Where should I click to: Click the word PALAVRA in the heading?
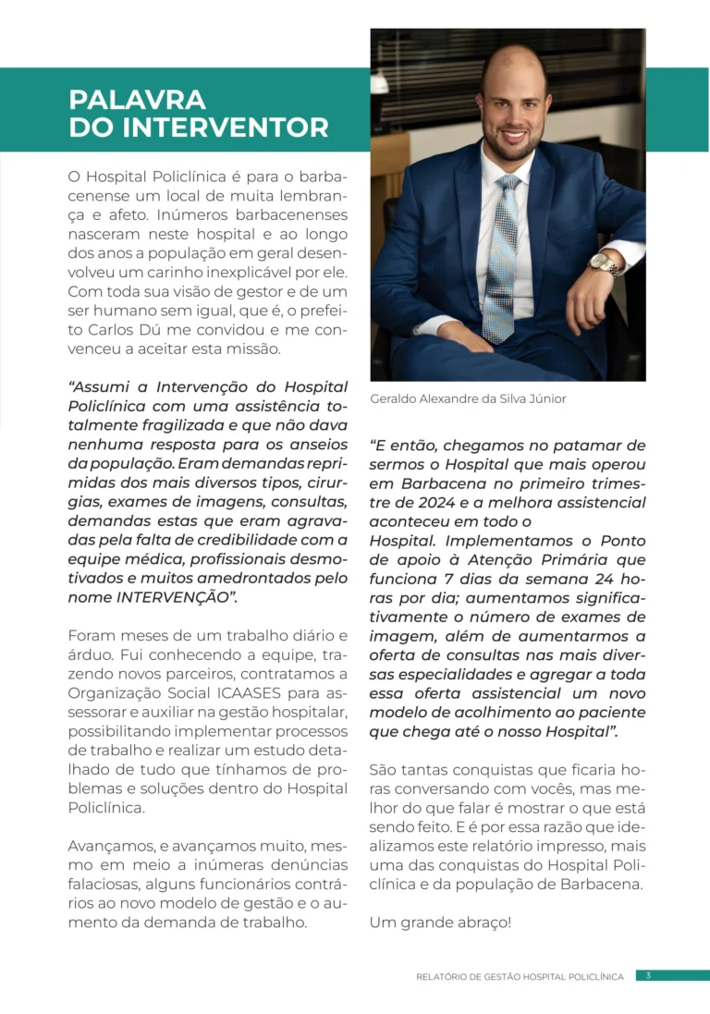(x=137, y=99)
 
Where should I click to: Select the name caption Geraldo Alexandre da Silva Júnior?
(x=468, y=398)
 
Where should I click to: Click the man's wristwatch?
(x=604, y=263)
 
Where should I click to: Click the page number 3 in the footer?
(x=648, y=975)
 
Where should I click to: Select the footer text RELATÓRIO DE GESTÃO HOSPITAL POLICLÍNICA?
(x=520, y=976)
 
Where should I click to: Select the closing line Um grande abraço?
(x=439, y=922)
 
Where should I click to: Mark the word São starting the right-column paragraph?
(x=384, y=769)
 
